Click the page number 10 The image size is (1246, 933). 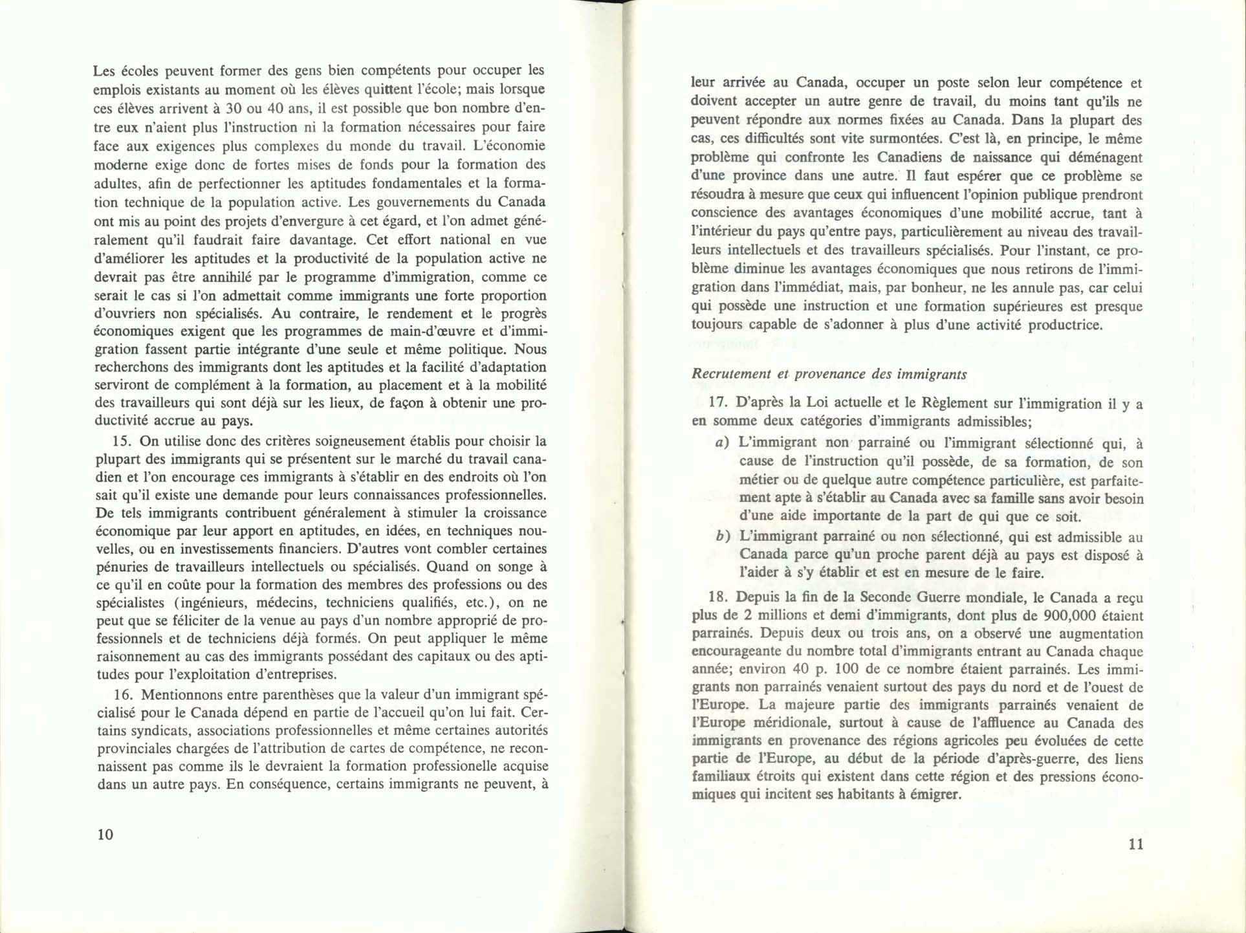(105, 834)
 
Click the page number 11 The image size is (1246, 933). (1135, 844)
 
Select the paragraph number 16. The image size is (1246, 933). (122, 695)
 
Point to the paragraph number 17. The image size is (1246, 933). (718, 402)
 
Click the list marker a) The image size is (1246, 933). (722, 443)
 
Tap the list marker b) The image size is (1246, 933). (723, 536)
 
